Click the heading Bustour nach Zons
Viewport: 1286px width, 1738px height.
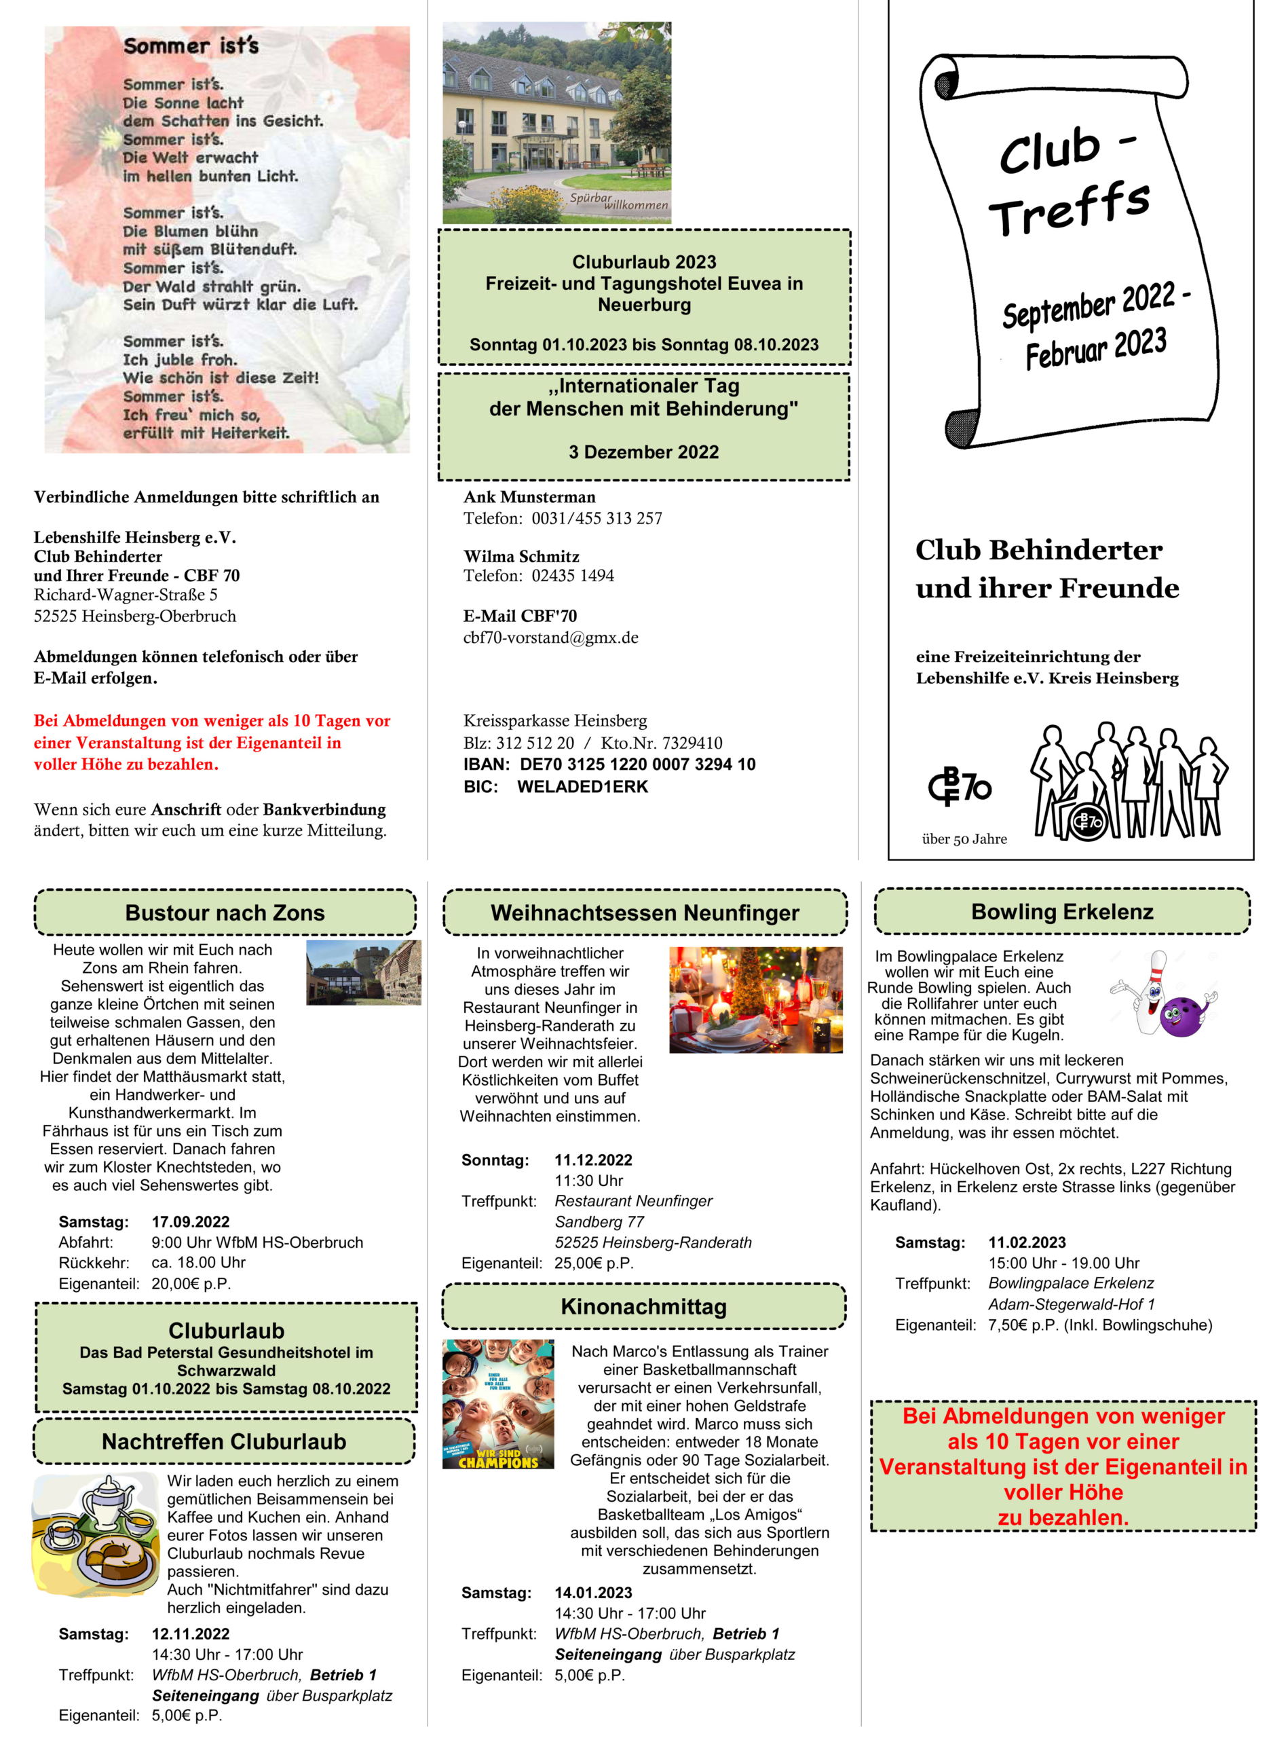click(225, 912)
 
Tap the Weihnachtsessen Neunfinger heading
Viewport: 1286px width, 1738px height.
click(645, 912)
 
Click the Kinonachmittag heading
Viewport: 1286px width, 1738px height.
click(644, 1307)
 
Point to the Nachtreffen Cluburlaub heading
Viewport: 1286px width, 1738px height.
click(224, 1441)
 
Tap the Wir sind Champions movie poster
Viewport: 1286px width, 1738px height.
click(498, 1403)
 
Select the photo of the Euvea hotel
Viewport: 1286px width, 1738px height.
click(556, 123)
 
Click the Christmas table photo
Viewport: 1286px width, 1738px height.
click(755, 1000)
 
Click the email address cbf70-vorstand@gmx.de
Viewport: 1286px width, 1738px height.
click(550, 637)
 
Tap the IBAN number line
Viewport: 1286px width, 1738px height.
click(609, 764)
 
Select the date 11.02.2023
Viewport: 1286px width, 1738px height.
click(1027, 1242)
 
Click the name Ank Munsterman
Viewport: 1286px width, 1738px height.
click(529, 497)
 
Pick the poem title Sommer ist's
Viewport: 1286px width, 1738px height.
click(191, 46)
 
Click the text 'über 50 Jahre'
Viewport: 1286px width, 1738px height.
click(964, 838)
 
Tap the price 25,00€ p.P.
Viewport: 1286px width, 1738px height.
click(594, 1263)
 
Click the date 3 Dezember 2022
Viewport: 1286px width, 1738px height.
click(644, 451)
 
